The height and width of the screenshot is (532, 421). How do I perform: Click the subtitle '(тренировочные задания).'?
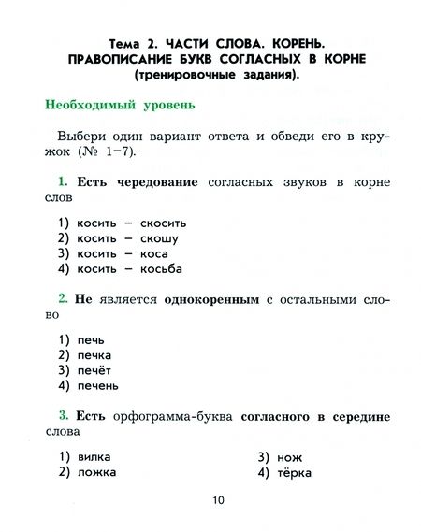click(217, 75)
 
